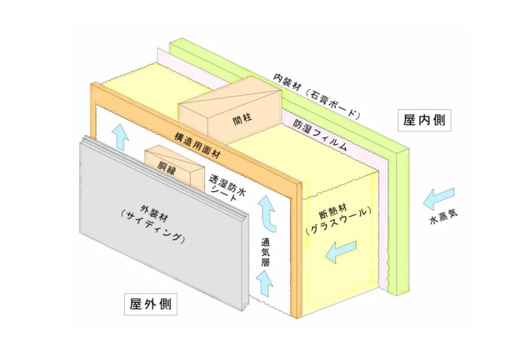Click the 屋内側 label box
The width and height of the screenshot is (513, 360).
[424, 121]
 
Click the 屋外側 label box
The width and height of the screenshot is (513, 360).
[150, 304]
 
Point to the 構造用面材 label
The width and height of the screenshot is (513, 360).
[197, 146]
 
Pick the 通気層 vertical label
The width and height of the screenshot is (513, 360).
[265, 252]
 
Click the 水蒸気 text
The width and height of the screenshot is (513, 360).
[443, 216]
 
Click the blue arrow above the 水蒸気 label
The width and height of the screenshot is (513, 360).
[439, 198]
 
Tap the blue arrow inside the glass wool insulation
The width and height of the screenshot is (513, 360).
[341, 252]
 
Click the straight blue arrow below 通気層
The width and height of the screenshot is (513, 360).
[265, 284]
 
